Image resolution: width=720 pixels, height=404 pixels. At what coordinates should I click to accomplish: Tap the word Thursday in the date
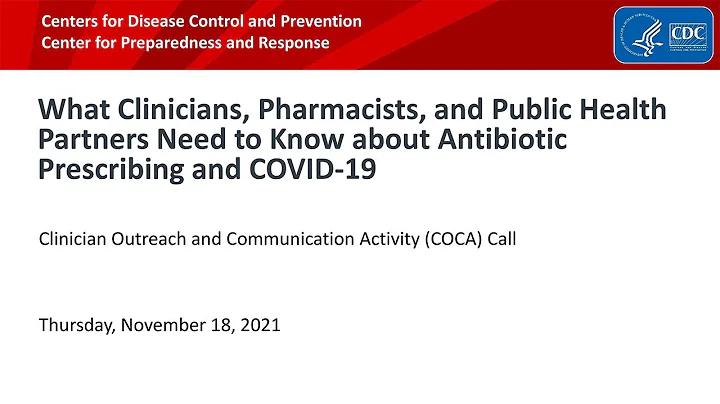tap(74, 325)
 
